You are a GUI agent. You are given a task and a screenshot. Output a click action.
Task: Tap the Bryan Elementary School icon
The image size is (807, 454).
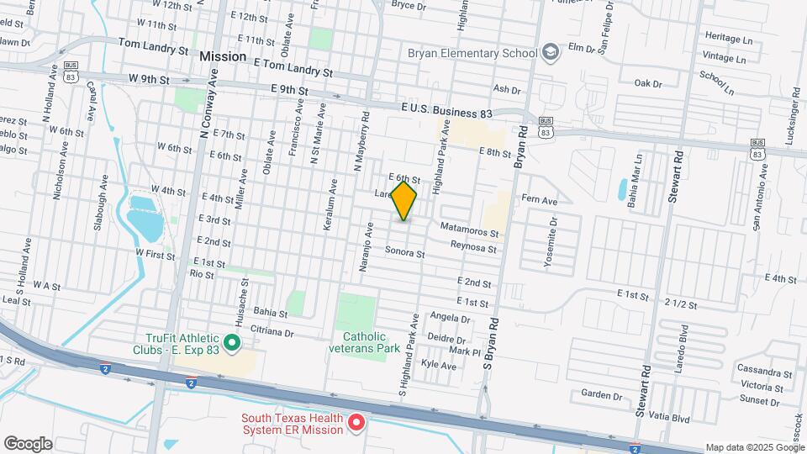click(x=551, y=53)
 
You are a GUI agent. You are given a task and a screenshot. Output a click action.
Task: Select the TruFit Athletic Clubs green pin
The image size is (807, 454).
click(x=234, y=343)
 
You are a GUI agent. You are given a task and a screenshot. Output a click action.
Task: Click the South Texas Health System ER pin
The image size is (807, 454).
click(x=356, y=422)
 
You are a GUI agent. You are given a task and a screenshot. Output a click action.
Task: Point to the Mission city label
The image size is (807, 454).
click(x=223, y=56)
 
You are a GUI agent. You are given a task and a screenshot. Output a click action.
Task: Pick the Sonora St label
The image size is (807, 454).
click(x=405, y=252)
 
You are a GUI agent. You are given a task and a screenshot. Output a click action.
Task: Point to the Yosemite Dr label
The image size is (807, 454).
click(x=551, y=243)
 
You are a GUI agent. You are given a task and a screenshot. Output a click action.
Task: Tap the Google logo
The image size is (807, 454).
click(x=28, y=443)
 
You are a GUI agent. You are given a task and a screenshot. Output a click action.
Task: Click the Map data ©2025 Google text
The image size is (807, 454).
click(x=754, y=447)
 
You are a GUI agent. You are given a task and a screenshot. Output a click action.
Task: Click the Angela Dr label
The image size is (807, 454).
click(x=450, y=319)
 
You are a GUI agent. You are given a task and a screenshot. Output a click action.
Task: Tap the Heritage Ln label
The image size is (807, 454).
click(x=728, y=39)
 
